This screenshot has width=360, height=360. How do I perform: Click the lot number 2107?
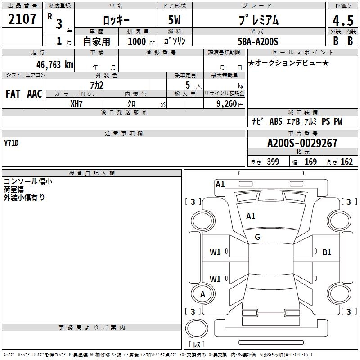[22, 19]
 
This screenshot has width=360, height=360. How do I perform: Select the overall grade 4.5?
[343, 20]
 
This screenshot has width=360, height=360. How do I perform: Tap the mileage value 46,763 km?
[54, 65]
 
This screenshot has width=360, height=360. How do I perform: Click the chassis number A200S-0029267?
[302, 143]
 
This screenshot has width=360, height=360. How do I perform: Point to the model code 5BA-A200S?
[258, 41]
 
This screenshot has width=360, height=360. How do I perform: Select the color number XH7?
[76, 104]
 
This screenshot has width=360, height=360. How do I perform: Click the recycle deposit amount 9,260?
[226, 104]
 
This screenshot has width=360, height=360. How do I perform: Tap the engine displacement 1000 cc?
[141, 41]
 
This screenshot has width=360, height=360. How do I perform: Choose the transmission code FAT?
[13, 94]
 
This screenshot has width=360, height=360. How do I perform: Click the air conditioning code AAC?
[35, 94]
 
